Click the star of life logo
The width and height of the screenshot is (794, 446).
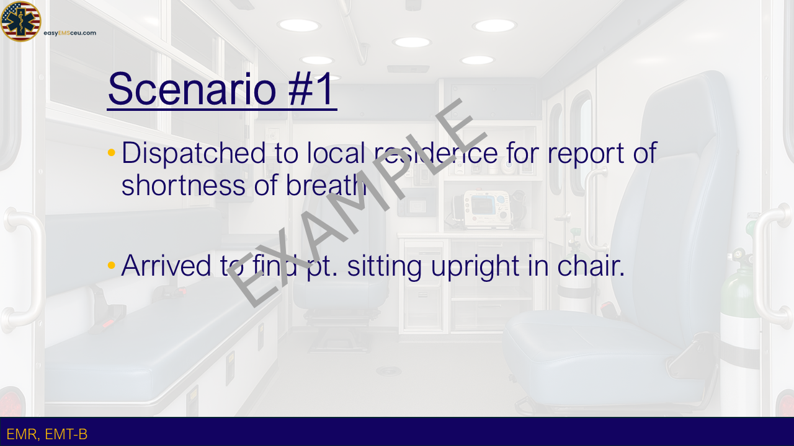coord(20,21)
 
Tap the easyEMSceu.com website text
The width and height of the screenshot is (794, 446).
coord(70,33)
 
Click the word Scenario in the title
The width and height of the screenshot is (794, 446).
coord(192,89)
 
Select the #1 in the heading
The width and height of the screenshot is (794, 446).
coord(311,89)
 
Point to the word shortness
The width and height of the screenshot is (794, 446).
coord(183,185)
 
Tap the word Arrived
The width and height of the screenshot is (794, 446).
coord(166,266)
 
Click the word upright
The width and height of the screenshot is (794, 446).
coord(475,267)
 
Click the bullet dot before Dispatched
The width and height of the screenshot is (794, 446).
coord(111,152)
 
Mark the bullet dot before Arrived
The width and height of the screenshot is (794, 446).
coord(111,265)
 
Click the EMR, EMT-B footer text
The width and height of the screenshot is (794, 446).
coord(47,434)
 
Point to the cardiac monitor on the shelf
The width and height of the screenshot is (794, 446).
coord(488,209)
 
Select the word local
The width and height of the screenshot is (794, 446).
coord(336,153)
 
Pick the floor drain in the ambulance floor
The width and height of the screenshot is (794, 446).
coord(388,371)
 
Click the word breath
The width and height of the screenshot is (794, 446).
coord(326,185)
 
